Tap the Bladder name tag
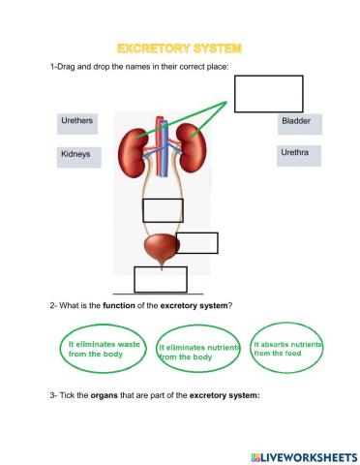[299, 123]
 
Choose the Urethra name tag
[299, 156]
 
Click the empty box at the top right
[268, 94]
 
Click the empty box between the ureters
[163, 209]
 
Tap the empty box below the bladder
[160, 279]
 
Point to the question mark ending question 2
[230, 306]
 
